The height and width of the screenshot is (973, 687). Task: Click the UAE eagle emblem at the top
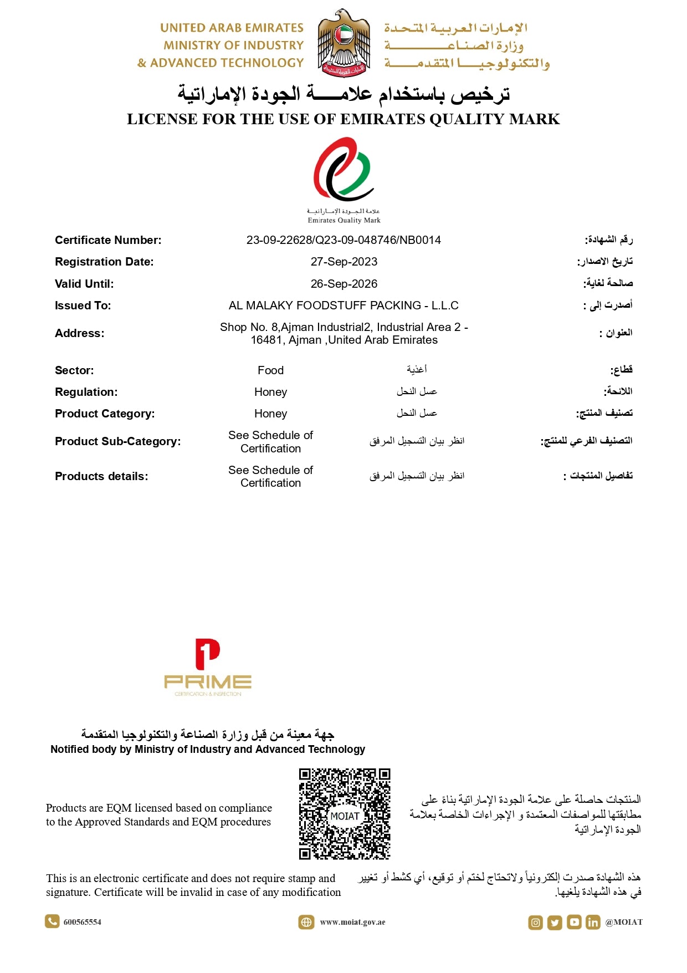pos(343,43)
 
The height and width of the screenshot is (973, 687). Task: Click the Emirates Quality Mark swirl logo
pos(343,169)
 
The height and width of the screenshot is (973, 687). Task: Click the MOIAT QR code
pos(345,813)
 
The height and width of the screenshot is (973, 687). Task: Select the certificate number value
pos(343,240)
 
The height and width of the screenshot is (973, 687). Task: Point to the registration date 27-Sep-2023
pos(343,262)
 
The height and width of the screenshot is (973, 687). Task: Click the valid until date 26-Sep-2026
pos(343,284)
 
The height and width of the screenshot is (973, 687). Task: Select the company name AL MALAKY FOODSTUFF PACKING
pos(343,305)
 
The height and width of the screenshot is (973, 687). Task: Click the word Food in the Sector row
pos(270,370)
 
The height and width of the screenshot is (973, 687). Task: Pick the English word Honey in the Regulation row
pos(270,392)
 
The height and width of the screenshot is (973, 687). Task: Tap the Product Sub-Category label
pos(117,441)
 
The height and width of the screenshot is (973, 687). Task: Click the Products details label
pos(101,476)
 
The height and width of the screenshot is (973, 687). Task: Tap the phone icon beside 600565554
pos(52,921)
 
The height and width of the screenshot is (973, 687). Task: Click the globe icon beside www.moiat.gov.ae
pos(306,922)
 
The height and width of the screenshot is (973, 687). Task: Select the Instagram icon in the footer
pos(535,923)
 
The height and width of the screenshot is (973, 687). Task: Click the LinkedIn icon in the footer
pos(593,923)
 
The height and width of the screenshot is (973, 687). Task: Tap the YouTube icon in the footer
pos(574,923)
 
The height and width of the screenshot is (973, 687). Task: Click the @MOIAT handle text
pos(624,922)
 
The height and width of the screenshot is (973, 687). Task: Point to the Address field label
pos(79,333)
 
